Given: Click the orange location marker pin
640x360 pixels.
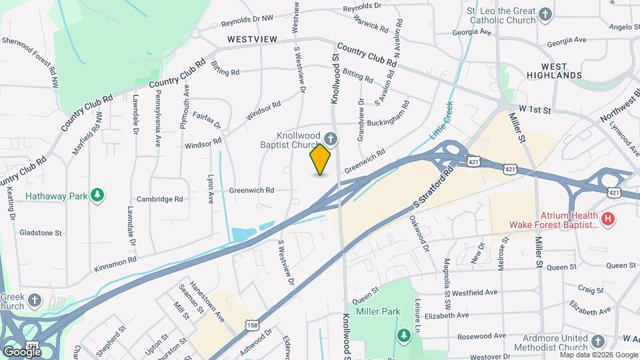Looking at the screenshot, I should tap(321, 159).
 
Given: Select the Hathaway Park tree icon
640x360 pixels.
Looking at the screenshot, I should tap(99, 195).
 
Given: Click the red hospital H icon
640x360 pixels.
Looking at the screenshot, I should tap(607, 218).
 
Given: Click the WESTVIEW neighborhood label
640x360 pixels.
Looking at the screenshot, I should tap(251, 39).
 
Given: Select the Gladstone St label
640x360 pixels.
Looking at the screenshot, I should tap(39, 233).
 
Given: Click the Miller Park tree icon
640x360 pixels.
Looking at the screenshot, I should tap(403, 334).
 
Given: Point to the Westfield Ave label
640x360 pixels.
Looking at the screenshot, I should tap(475, 292).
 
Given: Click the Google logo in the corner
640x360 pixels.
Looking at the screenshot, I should tap(22, 351).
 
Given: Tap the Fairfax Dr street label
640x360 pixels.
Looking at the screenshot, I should tap(207, 120).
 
